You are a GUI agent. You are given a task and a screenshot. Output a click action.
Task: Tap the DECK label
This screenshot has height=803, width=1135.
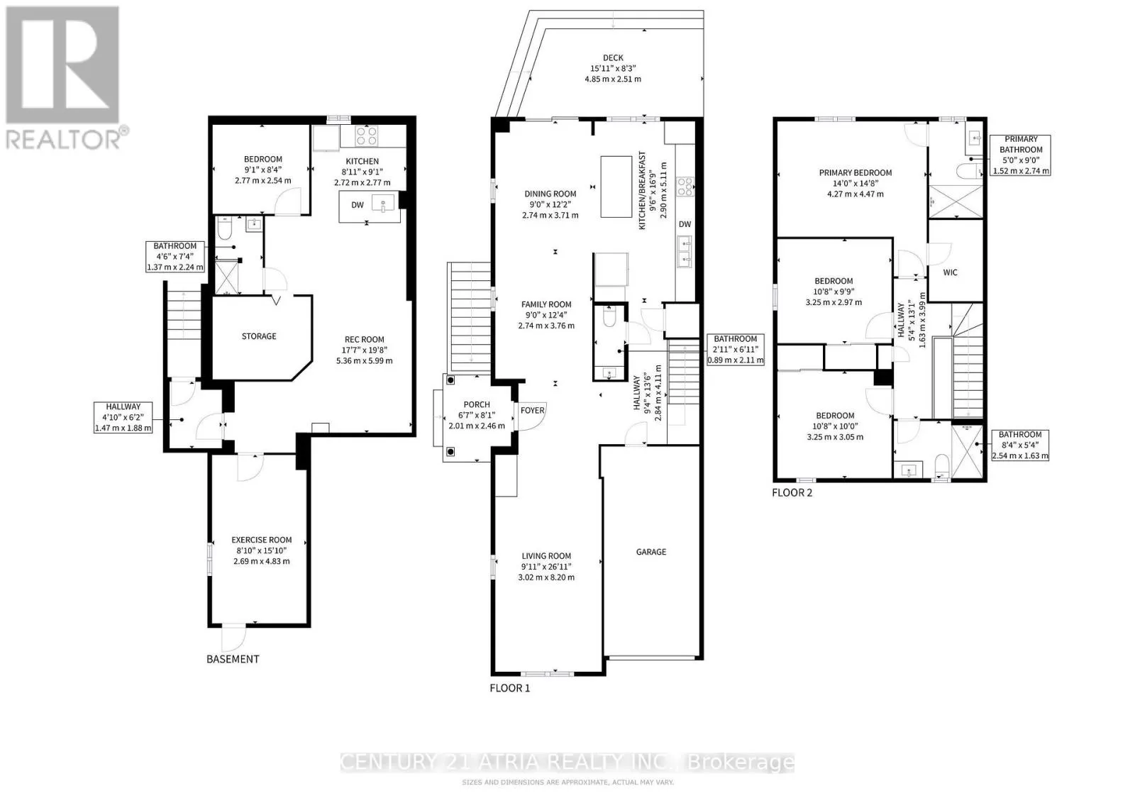coord(613,57)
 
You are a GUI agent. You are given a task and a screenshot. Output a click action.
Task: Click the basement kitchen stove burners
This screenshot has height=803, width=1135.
coord(366,136)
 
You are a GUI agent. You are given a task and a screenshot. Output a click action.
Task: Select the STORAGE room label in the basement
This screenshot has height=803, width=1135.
coord(259,336)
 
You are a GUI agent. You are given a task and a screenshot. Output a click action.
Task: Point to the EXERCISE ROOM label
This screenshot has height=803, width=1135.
coord(262,540)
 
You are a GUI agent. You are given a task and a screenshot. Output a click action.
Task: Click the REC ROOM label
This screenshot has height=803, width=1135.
coord(365,340)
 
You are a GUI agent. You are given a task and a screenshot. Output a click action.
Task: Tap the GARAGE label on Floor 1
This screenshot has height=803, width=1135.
coord(651,552)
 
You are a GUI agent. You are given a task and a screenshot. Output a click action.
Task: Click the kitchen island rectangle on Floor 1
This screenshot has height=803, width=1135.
coord(616,187)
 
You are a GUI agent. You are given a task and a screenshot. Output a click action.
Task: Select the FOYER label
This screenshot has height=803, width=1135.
coord(533,410)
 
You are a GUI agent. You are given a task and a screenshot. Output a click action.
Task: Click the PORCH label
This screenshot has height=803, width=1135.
coord(477,404)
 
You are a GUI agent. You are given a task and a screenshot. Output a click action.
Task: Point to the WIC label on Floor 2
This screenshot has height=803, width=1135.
coord(950,272)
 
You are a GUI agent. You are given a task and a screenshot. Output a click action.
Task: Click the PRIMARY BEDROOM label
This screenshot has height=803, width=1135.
coord(856,173)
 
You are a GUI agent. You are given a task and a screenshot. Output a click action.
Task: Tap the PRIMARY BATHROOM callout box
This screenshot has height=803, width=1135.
coord(1021,155)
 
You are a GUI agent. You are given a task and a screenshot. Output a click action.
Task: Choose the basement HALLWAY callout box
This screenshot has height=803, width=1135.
coord(123,417)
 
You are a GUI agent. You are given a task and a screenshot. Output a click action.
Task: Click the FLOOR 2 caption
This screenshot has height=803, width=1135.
coord(792,492)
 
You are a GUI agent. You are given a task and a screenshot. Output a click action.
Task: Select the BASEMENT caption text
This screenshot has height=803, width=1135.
coord(233,659)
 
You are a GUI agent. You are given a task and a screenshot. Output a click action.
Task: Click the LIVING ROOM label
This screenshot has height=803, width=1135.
coord(546,555)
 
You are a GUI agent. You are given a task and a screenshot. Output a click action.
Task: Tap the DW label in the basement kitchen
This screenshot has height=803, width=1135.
coord(358,205)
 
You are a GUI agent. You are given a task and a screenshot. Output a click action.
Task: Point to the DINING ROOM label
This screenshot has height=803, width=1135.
coord(550,194)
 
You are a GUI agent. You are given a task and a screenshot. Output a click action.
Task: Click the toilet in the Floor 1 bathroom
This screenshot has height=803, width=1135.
coord(609,316)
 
